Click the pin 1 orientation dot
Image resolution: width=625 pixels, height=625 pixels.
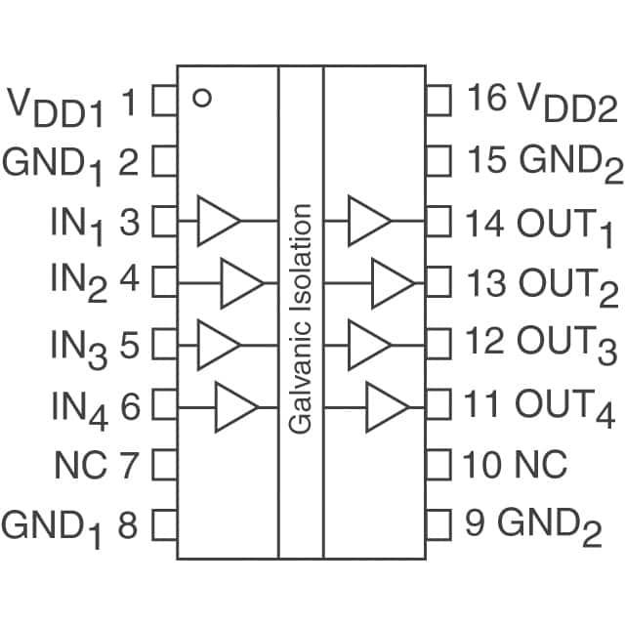pyautogui.click(x=202, y=98)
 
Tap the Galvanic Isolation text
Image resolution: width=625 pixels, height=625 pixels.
pyautogui.click(x=301, y=318)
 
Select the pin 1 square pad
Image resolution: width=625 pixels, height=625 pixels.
pyautogui.click(x=165, y=99)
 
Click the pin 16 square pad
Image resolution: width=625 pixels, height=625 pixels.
pyautogui.click(x=438, y=99)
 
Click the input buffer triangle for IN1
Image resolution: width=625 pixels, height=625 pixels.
pyautogui.click(x=217, y=220)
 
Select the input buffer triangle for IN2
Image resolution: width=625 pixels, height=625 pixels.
pyautogui.click(x=240, y=283)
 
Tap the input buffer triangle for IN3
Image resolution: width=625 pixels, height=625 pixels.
pyautogui.click(x=217, y=343)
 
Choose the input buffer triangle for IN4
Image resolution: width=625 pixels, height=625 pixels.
pyautogui.click(x=234, y=405)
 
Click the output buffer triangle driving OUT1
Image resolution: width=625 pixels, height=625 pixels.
pyautogui.click(x=368, y=220)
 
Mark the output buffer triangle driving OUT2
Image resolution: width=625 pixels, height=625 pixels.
pyautogui.click(x=392, y=283)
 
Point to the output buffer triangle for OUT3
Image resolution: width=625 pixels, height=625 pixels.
pyautogui.click(x=368, y=343)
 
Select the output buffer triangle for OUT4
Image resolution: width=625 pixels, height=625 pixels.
pyautogui.click(x=386, y=405)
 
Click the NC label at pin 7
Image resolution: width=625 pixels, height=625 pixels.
pyautogui.click(x=81, y=465)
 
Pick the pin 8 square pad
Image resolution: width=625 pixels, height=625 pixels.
pyautogui.click(x=165, y=526)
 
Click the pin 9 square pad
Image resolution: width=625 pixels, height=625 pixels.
pyautogui.click(x=438, y=526)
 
